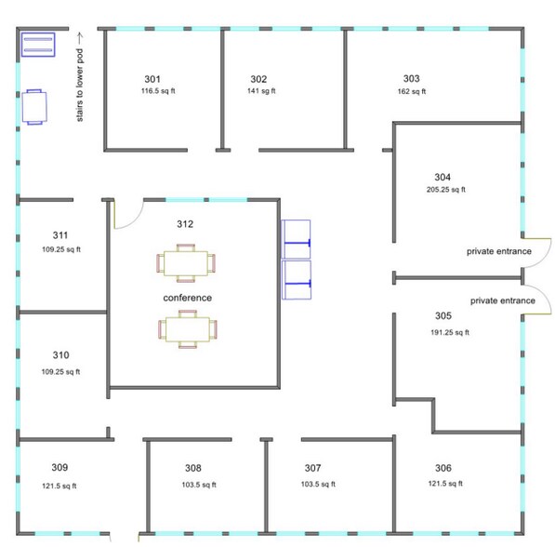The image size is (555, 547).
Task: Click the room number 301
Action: pyautogui.click(x=152, y=78)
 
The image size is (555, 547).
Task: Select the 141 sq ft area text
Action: pyautogui.click(x=260, y=91)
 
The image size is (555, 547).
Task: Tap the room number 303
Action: pyautogui.click(x=411, y=78)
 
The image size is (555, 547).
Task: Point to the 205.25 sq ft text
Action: pyautogui.click(x=445, y=190)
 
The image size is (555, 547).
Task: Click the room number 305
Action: pyautogui.click(x=443, y=315)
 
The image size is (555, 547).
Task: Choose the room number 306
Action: pyautogui.click(x=443, y=468)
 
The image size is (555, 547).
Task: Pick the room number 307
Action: pyautogui.click(x=312, y=468)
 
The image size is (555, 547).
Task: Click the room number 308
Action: pyautogui.click(x=192, y=468)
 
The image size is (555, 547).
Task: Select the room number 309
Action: pyautogui.click(x=59, y=467)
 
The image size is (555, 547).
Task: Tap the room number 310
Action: pyautogui.click(x=60, y=355)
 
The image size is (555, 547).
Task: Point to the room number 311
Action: pyautogui.click(x=59, y=235)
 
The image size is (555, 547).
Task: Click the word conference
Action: pyautogui.click(x=188, y=298)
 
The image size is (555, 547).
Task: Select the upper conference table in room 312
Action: pyautogui.click(x=187, y=261)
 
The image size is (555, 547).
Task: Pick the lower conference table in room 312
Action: pyautogui.click(x=189, y=329)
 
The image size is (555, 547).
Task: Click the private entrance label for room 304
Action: pyautogui.click(x=498, y=251)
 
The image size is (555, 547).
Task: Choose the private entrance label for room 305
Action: pyautogui.click(x=502, y=300)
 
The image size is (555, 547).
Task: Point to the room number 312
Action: pyautogui.click(x=185, y=224)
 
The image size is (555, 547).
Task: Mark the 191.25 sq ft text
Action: pyautogui.click(x=449, y=332)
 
